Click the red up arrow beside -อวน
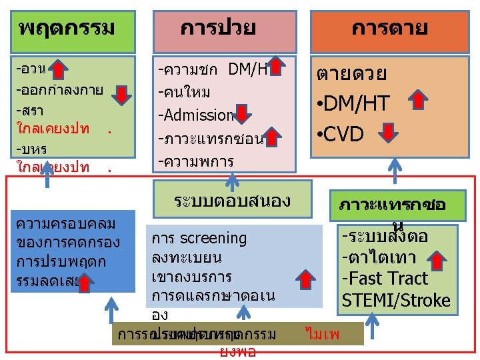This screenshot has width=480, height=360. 59,69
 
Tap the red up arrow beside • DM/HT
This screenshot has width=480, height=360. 418,101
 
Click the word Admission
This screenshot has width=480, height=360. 196,115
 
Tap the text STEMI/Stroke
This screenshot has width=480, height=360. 396,301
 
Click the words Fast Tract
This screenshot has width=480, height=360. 384,279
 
